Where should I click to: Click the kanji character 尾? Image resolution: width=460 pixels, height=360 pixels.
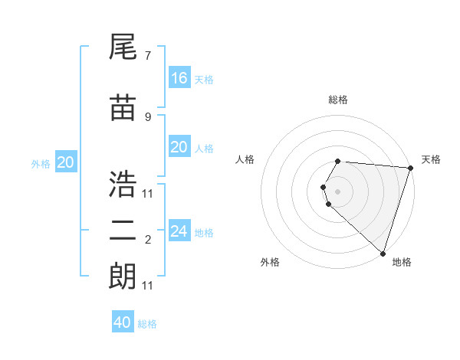click(x=123, y=48)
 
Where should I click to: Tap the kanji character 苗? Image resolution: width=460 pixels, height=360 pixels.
click(x=123, y=109)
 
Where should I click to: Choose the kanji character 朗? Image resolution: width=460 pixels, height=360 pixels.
click(x=123, y=275)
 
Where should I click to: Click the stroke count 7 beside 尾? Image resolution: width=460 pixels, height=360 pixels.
click(x=147, y=56)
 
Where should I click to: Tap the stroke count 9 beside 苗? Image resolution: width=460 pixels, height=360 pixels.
click(x=147, y=116)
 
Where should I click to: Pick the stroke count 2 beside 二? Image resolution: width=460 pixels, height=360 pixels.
click(x=147, y=240)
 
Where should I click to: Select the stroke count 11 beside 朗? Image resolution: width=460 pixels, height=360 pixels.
click(x=148, y=286)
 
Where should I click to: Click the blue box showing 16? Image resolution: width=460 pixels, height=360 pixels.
click(x=179, y=78)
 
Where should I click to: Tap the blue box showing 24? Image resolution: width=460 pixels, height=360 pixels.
click(x=179, y=231)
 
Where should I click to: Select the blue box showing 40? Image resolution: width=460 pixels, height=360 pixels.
click(x=123, y=322)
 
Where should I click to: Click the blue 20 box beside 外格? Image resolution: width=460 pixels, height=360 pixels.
click(x=66, y=162)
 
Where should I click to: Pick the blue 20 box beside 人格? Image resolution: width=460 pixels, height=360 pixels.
click(x=179, y=147)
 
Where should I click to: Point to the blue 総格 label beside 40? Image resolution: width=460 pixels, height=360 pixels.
click(x=147, y=324)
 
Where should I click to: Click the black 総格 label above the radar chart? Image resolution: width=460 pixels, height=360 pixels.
click(x=338, y=100)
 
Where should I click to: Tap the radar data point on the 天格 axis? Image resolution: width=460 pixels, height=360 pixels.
click(x=410, y=168)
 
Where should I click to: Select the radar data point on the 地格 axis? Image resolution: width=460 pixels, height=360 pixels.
click(x=383, y=254)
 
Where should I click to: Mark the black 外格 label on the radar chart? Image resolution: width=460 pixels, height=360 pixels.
click(x=270, y=262)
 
